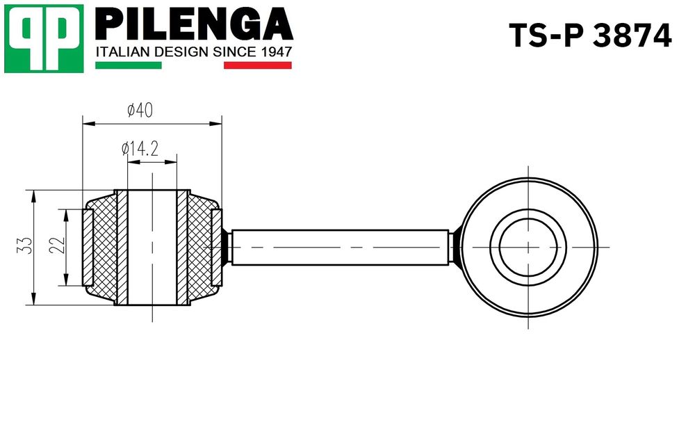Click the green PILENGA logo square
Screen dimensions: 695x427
click(x=44, y=38)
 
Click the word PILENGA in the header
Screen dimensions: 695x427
click(x=194, y=25)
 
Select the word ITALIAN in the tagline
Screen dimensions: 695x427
click(x=124, y=52)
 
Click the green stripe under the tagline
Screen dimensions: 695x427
click(x=129, y=65)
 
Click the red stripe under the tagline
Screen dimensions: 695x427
click(x=258, y=65)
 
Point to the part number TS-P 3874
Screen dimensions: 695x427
click(x=590, y=35)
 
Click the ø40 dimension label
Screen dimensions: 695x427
click(x=140, y=110)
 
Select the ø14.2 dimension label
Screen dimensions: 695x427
click(x=140, y=149)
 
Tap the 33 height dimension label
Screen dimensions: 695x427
click(x=26, y=245)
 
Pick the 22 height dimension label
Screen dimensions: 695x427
click(x=57, y=245)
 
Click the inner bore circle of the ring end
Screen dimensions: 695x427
click(x=528, y=248)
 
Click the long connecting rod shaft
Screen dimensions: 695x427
click(x=340, y=248)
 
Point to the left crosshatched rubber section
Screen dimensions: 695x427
click(x=104, y=248)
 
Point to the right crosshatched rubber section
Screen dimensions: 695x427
click(x=202, y=248)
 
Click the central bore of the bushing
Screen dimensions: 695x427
click(x=152, y=248)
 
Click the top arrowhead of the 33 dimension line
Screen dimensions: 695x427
click(x=33, y=196)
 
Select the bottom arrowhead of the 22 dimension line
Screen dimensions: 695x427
click(x=65, y=280)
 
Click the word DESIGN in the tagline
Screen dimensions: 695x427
click(x=181, y=52)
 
